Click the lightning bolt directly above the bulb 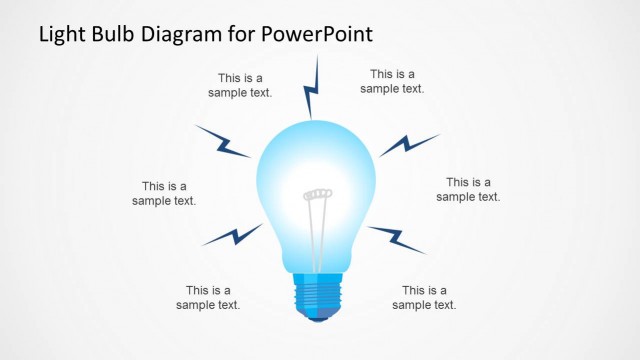tap(312, 88)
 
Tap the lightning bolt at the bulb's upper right tap(408, 144)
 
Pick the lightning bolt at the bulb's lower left tap(232, 235)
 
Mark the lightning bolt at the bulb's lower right tap(396, 238)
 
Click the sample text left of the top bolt tap(240, 85)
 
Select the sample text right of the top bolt tap(392, 81)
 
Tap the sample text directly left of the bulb tap(164, 193)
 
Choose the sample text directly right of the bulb tap(468, 189)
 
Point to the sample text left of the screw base tap(208, 297)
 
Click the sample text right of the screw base tap(424, 297)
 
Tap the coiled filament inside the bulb tap(317, 192)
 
